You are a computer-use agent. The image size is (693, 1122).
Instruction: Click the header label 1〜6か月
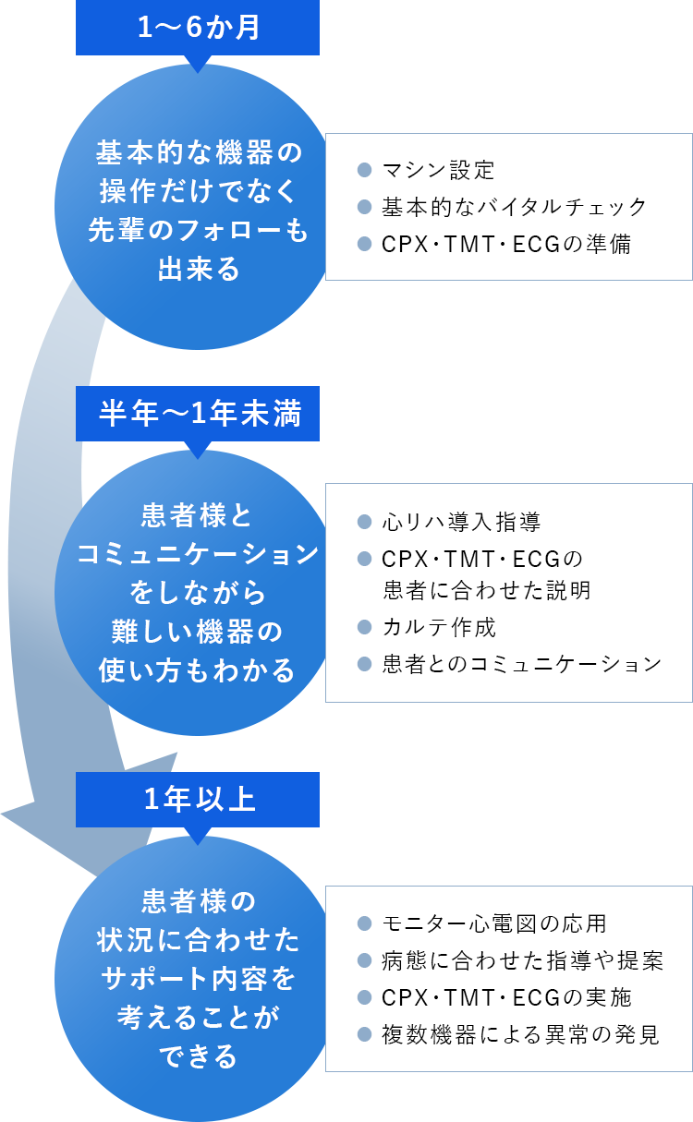tap(199, 28)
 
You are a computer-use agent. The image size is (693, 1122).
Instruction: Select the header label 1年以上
tap(199, 800)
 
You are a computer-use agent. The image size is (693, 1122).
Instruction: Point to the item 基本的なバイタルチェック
tap(515, 208)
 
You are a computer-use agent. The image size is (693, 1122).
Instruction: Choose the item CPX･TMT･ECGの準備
tap(506, 245)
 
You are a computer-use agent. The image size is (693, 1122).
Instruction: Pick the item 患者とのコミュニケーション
tap(522, 664)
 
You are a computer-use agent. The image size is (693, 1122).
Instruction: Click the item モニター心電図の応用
tap(494, 923)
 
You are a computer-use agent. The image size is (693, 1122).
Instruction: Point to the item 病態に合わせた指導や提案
tap(522, 960)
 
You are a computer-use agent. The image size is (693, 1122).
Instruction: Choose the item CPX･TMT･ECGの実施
tap(506, 997)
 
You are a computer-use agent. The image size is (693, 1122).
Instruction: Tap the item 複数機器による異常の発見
tap(521, 1035)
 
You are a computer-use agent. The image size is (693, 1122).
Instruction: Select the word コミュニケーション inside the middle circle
tap(198, 554)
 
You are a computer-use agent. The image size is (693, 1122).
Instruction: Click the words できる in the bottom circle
tap(199, 1056)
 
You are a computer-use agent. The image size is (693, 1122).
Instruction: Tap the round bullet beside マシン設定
tap(364, 171)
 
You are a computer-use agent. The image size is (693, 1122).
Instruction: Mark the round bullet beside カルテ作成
tap(364, 628)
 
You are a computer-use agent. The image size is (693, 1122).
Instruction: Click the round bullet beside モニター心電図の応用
tap(364, 923)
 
